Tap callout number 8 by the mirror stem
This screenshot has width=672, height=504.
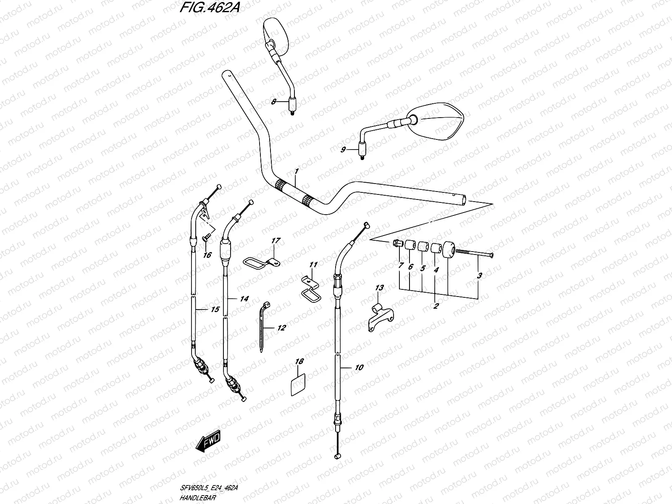tap(273, 102)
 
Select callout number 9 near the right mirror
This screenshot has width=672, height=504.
tap(343, 150)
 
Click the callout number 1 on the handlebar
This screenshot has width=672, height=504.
tap(296, 171)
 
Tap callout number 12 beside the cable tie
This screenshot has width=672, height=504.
tap(281, 328)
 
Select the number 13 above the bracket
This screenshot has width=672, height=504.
tap(379, 288)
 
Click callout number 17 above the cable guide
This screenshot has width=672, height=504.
tap(276, 241)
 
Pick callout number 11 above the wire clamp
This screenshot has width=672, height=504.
tap(313, 265)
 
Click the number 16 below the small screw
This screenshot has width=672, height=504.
tap(207, 255)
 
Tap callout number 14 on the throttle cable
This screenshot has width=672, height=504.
tap(244, 299)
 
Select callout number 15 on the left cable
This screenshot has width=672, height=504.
tap(214, 310)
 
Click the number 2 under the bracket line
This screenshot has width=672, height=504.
tap(436, 306)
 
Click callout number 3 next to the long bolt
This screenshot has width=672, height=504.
tap(479, 276)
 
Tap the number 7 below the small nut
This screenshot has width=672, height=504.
tap(400, 265)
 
